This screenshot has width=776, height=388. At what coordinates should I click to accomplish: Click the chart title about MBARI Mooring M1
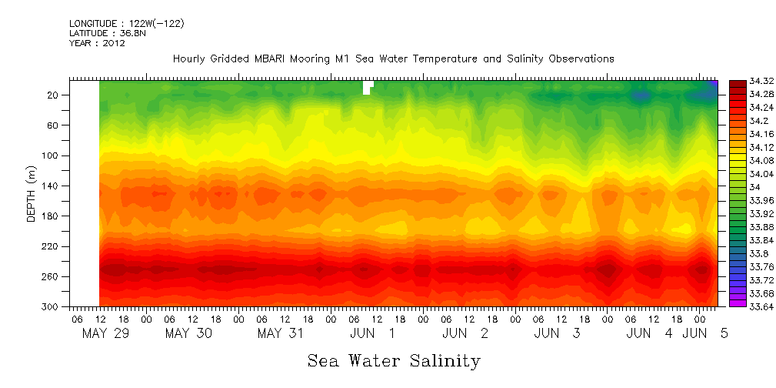coord(393,59)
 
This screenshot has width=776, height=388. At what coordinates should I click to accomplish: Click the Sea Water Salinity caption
coord(394,360)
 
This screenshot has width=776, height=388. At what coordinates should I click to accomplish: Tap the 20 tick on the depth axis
coord(54,95)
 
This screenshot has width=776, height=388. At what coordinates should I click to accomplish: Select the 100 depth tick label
coord(52,156)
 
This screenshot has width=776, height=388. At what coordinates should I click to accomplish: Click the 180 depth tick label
coord(52,216)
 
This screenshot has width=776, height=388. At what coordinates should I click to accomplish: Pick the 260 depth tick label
coord(52,276)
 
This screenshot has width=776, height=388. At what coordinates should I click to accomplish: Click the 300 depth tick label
coord(52,306)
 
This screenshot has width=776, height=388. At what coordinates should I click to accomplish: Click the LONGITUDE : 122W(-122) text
coord(126,24)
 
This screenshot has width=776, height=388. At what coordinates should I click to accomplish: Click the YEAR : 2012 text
coord(97,43)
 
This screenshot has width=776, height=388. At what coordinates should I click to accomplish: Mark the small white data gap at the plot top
coord(368,86)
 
